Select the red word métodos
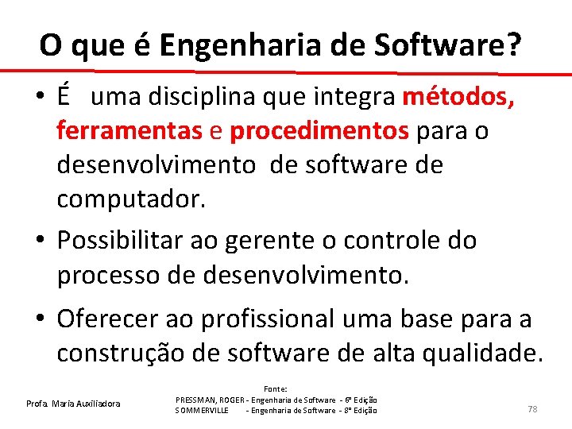459,97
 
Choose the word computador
130,199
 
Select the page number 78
532,408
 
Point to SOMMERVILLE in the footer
202,410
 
